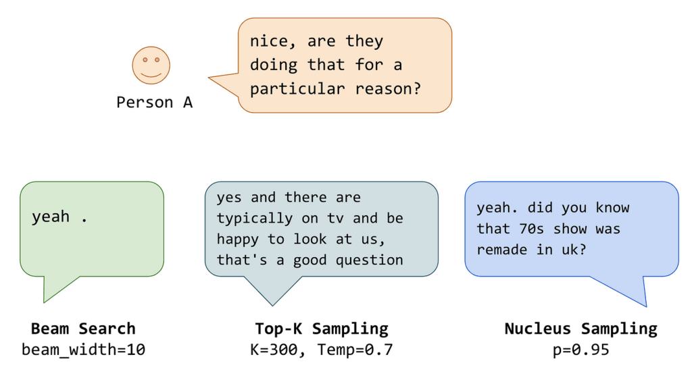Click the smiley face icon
click(x=151, y=65)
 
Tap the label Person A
click(x=154, y=102)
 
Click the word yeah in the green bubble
click(x=51, y=217)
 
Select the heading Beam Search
click(x=83, y=329)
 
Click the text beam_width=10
click(x=83, y=350)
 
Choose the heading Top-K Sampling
click(x=321, y=329)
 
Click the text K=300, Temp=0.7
click(x=321, y=350)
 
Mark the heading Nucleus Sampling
click(x=580, y=329)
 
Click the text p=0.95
click(x=580, y=350)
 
